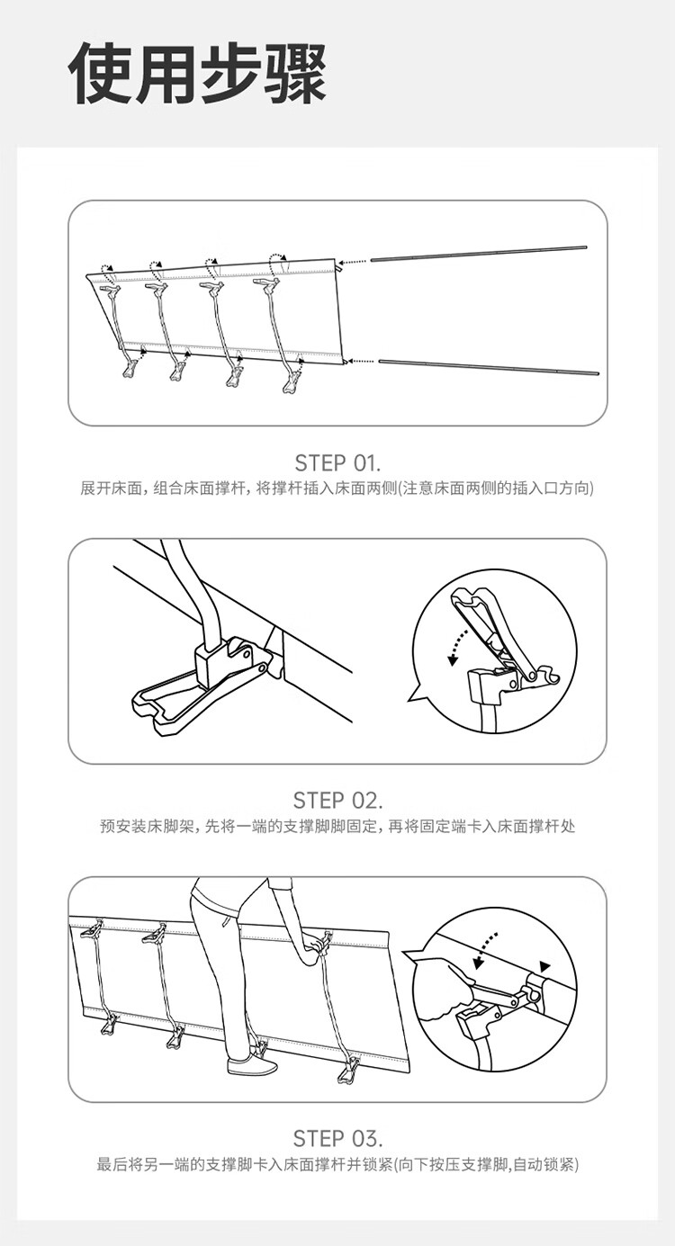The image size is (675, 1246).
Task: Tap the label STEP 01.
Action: (x=337, y=462)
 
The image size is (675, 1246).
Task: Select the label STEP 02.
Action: (x=337, y=801)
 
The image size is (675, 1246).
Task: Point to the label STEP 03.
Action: (x=337, y=1139)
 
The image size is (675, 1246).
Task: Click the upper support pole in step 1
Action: (x=479, y=252)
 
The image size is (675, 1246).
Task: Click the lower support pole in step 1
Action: (x=489, y=367)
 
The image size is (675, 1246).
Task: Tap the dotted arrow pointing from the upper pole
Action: (x=354, y=261)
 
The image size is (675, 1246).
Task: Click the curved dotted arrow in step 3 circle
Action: (x=486, y=949)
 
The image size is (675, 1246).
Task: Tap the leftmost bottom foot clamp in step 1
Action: (x=130, y=369)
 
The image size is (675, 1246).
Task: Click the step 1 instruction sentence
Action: (x=337, y=489)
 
